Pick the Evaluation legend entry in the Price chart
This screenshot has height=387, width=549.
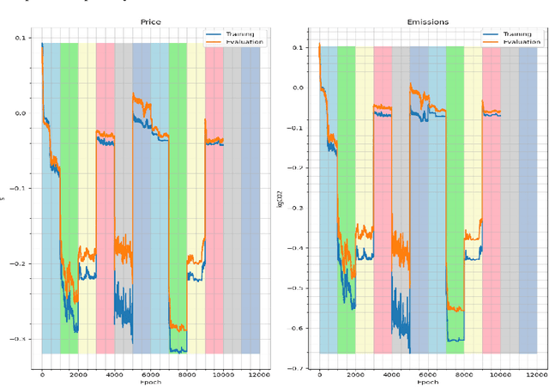[245, 41]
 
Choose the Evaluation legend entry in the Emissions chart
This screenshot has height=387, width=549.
[522, 41]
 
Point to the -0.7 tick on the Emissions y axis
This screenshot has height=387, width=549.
[295, 369]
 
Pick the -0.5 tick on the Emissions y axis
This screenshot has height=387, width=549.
[295, 288]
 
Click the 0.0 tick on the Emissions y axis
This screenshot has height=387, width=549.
[297, 88]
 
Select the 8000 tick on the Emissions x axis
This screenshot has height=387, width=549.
[464, 376]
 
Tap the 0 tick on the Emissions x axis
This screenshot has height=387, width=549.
[319, 376]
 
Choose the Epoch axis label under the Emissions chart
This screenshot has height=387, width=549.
[429, 384]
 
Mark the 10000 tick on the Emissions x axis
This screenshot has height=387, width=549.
[500, 376]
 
